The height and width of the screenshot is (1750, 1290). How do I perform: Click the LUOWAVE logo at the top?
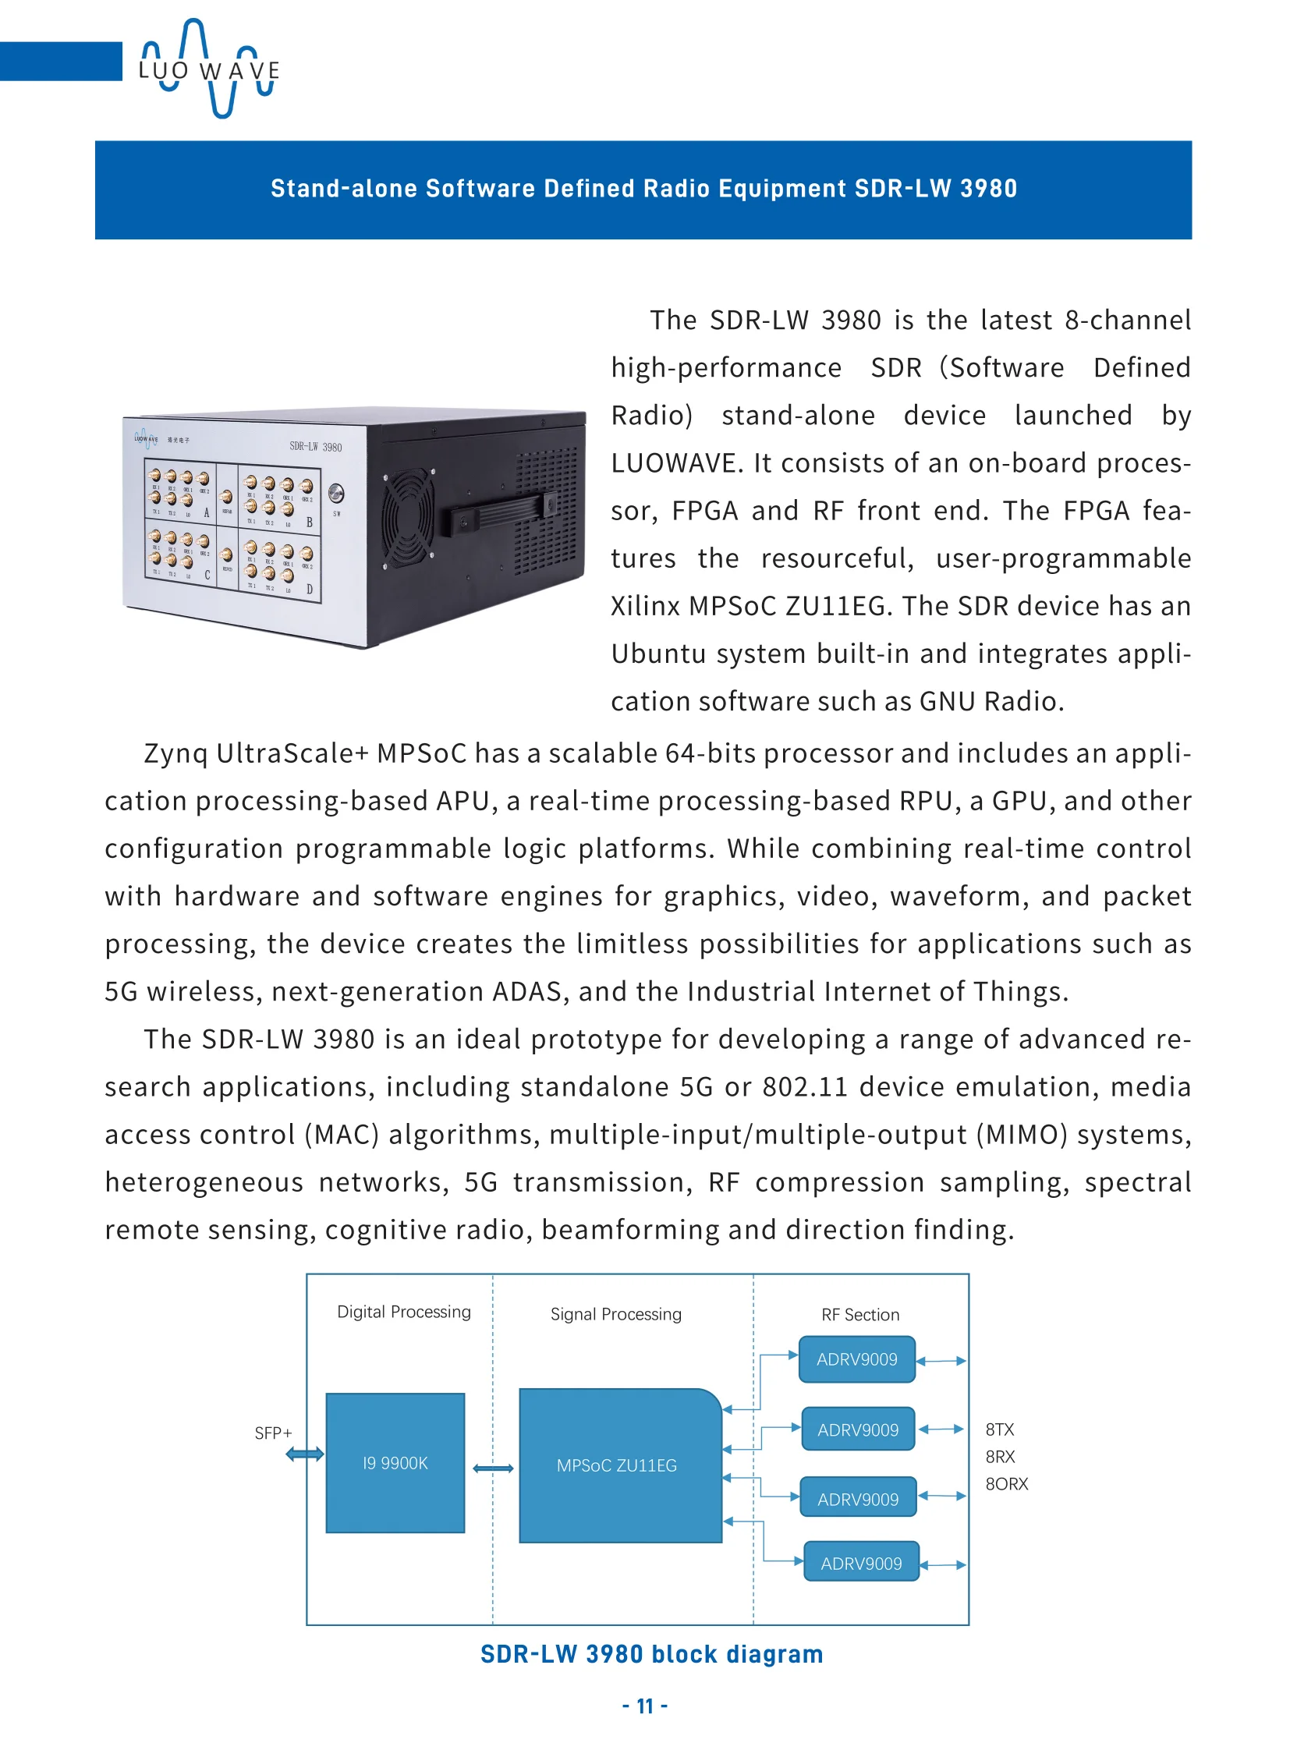pos(208,69)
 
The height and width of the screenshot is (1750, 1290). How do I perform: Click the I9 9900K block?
pos(395,1463)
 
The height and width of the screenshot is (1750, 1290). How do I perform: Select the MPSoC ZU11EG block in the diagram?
pos(617,1465)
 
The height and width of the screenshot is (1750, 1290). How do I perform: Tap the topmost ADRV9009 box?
pos(856,1359)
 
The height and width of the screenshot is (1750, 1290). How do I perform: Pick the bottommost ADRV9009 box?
pos(861,1564)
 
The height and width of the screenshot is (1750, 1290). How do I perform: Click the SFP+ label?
pos(273,1433)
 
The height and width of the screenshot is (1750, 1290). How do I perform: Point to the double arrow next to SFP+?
pos(304,1454)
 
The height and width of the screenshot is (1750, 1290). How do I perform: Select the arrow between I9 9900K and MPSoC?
pos(493,1469)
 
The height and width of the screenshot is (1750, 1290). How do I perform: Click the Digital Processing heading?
pos(404,1312)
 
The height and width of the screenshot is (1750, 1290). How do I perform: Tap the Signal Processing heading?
pos(616,1314)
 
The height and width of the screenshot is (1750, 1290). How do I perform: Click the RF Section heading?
pos(859,1315)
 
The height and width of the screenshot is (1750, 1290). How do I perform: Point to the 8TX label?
pos(1000,1429)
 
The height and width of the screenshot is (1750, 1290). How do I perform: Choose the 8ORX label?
pos(1007,1484)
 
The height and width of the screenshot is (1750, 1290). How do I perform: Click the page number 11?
pos(645,1706)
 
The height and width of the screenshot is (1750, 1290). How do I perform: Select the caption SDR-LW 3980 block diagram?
pos(651,1654)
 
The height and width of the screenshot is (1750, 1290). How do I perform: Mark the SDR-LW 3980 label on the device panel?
pos(315,447)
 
